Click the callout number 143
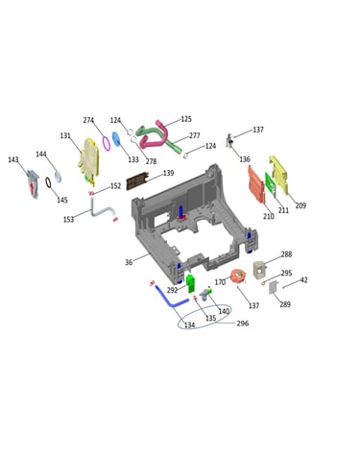click(13, 159)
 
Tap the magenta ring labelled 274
click(106, 143)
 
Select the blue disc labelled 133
click(116, 139)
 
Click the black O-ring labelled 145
click(48, 182)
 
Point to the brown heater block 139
click(137, 180)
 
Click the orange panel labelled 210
click(256, 184)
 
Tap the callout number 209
click(300, 205)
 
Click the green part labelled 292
click(191, 283)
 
